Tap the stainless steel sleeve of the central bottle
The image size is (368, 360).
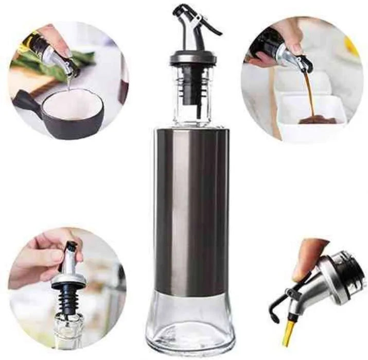(x=191, y=206)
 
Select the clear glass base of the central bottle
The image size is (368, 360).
(x=191, y=324)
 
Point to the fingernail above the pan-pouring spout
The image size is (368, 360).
(x=68, y=53)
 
